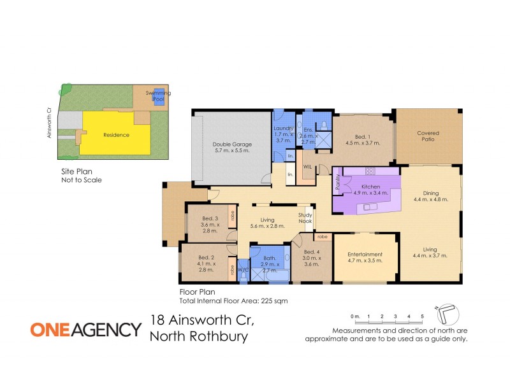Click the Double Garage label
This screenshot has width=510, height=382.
click(x=231, y=144)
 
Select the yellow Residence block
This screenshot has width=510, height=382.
click(x=117, y=135)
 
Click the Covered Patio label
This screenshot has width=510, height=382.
click(x=428, y=136)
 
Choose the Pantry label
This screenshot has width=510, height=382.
click(x=338, y=181)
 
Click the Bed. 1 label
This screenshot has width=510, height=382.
click(x=362, y=136)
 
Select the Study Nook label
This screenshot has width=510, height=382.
click(x=305, y=218)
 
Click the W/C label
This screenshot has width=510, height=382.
click(x=242, y=269)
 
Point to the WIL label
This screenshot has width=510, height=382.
click(x=307, y=167)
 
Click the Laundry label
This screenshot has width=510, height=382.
click(x=283, y=128)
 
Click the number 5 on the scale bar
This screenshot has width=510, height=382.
click(x=422, y=316)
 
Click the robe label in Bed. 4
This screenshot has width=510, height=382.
click(x=323, y=236)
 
